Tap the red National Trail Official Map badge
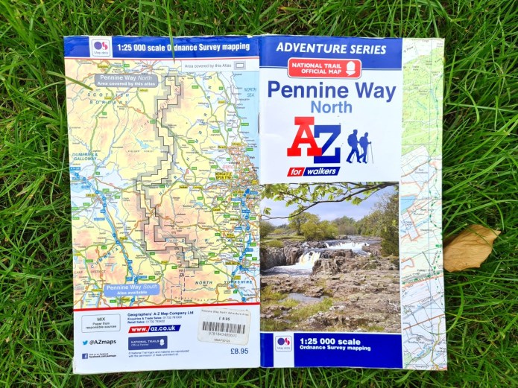[324, 69]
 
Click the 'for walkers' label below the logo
[313, 172]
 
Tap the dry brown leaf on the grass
[470, 247]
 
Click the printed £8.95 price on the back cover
[238, 350]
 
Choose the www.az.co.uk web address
[154, 328]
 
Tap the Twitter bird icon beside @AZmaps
[86, 343]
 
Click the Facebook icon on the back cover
[85, 356]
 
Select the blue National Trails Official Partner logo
[148, 343]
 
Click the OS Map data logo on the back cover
[100, 46]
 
